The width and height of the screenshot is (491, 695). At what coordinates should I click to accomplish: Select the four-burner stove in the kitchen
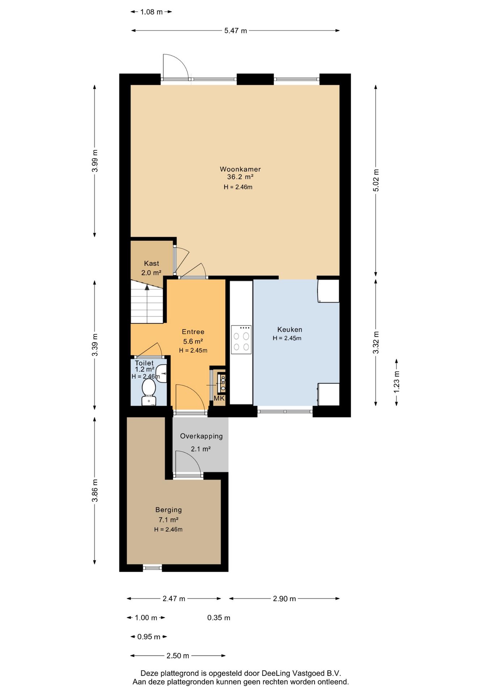point(241,340)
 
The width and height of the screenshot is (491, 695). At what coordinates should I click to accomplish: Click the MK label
point(219,398)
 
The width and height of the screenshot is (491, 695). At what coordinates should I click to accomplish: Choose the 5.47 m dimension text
point(235,31)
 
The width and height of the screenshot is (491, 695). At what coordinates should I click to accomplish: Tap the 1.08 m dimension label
point(151,12)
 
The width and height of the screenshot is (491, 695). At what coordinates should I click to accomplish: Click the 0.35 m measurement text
point(219,618)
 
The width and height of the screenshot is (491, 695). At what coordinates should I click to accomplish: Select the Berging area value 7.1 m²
point(168,520)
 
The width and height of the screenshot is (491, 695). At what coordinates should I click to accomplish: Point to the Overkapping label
point(201,436)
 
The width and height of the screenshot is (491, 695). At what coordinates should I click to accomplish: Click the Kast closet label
point(151,264)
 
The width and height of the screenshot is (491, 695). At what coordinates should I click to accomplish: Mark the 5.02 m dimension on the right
point(376,180)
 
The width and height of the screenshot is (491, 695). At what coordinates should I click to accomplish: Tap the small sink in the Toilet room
point(163,373)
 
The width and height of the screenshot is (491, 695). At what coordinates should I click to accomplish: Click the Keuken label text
point(290,329)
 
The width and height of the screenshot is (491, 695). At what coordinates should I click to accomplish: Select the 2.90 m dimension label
point(284,599)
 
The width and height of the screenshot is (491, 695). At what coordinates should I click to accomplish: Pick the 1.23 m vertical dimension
point(397,382)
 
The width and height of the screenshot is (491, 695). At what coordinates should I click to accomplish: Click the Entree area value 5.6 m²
point(193,341)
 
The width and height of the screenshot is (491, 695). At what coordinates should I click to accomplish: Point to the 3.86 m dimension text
point(95,490)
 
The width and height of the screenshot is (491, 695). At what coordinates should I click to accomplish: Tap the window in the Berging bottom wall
point(152,568)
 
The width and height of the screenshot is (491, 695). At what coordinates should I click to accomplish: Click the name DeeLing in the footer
point(275,673)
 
